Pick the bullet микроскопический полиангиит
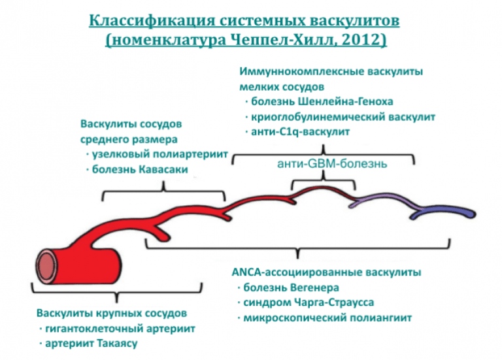click(x=327, y=319)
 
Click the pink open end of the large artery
click(x=46, y=266)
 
